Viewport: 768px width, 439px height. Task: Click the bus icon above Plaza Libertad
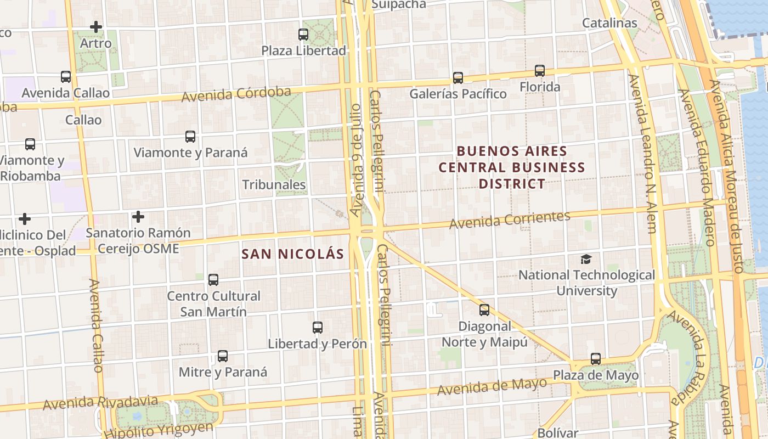303,35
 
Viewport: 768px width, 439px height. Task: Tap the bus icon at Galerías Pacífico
458,78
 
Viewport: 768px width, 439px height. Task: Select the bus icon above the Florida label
540,71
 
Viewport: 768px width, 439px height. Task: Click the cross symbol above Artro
96,27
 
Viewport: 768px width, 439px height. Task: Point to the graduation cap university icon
586,259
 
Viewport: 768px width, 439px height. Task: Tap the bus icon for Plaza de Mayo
596,359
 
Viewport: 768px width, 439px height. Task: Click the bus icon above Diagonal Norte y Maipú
484,310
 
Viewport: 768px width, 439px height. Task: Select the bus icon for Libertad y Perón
318,328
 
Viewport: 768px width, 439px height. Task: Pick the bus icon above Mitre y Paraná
223,356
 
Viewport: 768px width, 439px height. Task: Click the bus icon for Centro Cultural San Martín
213,280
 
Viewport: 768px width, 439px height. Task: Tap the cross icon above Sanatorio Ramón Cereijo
138,217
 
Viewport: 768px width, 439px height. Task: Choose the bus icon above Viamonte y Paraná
190,137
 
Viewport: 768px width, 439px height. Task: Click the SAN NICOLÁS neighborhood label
293,254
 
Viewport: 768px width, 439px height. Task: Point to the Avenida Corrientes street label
510,219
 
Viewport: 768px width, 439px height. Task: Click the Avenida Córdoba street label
236,94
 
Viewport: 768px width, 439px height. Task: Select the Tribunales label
274,184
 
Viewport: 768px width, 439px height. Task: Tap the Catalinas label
609,23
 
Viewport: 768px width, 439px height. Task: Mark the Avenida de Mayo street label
492,386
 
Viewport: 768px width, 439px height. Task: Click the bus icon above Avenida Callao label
66,77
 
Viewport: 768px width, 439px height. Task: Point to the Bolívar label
558,433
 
